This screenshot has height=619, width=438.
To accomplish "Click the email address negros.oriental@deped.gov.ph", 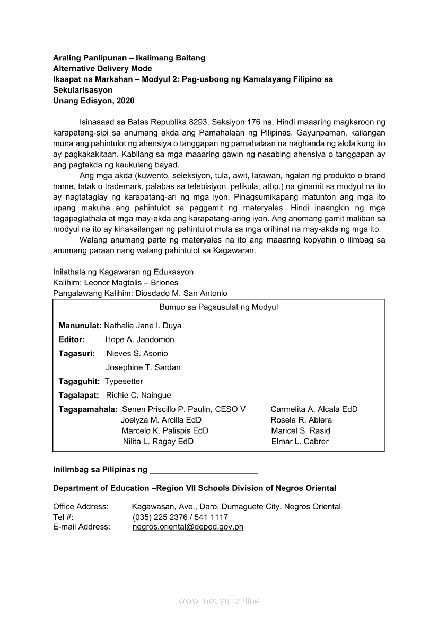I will point(188,527).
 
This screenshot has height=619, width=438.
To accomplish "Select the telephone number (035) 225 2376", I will point(161,517).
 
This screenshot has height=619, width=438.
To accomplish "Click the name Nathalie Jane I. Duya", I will point(143,325).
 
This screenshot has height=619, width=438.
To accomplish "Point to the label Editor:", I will point(72,339).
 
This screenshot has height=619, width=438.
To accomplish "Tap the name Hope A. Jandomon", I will point(139,339).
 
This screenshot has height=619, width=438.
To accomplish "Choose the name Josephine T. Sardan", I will point(143,367).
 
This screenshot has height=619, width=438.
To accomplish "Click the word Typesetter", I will point(124,381).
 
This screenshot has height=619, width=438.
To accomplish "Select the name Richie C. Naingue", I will point(138,395).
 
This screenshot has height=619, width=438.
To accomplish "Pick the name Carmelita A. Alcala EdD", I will point(314,409).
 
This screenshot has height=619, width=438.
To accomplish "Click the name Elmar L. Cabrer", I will point(300,441).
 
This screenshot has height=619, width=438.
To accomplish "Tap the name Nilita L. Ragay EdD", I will point(158,441).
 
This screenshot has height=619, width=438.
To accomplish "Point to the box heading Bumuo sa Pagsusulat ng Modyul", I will point(218,307).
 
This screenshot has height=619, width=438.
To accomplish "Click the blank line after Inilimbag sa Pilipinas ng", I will point(204,470).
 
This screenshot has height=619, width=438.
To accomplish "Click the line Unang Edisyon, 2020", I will point(94,101).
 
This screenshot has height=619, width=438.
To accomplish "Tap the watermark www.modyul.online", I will point(219,600).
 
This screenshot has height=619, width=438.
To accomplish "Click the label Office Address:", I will point(81,507).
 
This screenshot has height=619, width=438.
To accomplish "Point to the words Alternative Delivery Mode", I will point(102,68).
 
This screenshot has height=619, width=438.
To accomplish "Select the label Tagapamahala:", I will point(88,409).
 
